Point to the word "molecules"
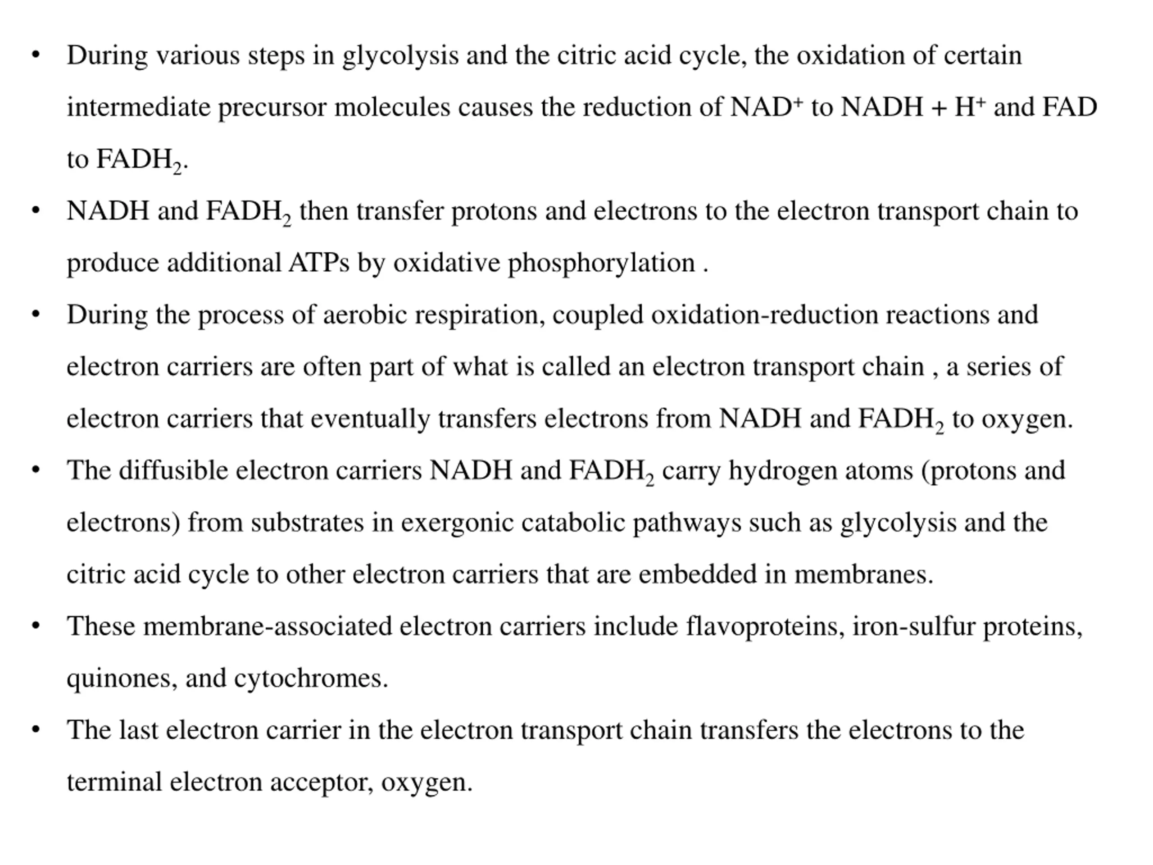coord(392,107)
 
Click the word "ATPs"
coord(318,263)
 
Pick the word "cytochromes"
coord(311,679)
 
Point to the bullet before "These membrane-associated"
coord(36,626)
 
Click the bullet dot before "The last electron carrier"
coord(36,729)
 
